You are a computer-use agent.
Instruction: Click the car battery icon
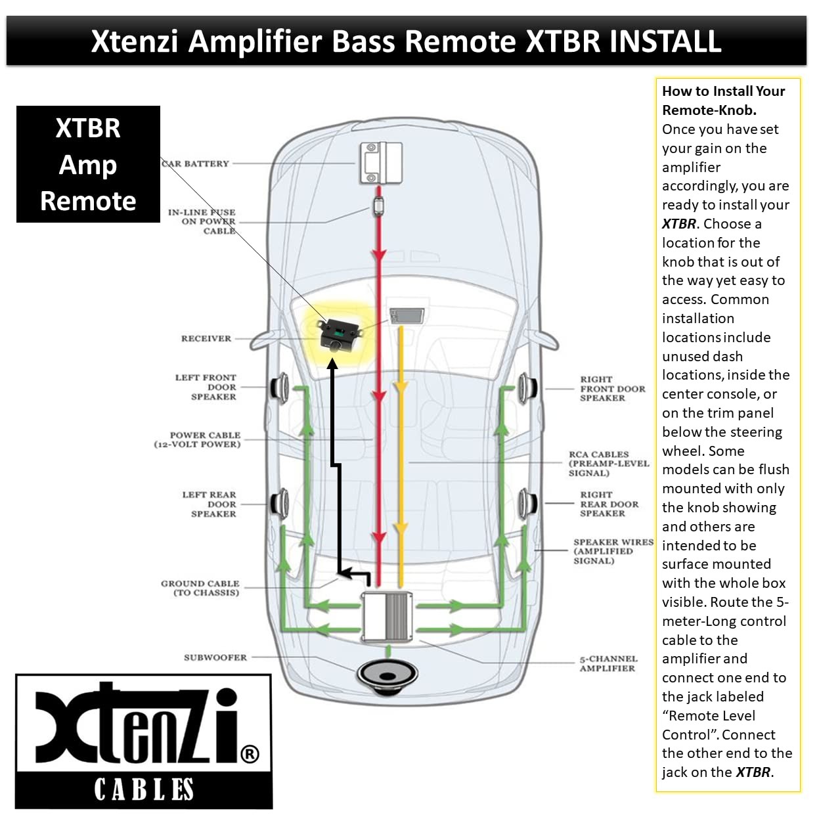pos(380,162)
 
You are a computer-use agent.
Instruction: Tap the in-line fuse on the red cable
pos(378,205)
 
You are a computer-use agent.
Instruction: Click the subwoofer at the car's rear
pos(387,676)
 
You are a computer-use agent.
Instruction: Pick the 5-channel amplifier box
pos(387,616)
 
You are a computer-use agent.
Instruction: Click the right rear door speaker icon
pos(528,504)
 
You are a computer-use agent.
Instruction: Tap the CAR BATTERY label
pos(196,164)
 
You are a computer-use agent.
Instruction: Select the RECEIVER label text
pos(206,339)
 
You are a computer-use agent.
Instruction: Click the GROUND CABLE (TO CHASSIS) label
pos(200,588)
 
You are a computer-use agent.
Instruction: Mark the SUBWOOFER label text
pos(215,657)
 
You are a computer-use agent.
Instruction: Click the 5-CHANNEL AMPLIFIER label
pos(608,663)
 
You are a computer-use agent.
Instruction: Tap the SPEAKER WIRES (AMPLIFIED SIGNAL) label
pos(612,552)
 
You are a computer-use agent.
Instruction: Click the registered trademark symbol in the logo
pos(250,754)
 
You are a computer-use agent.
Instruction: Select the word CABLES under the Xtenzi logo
pos(144,789)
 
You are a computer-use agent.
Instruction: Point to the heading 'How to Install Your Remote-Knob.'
pos(722,100)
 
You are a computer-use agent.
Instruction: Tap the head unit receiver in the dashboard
pos(407,316)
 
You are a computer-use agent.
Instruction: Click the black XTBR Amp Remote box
pos(88,164)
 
